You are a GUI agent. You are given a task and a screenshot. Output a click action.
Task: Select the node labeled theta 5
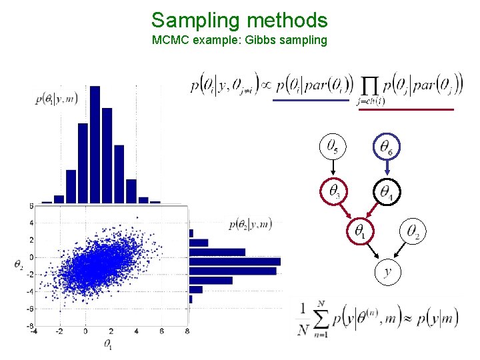(x=332, y=147)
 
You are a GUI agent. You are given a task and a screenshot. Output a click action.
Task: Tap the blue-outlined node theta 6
(x=385, y=147)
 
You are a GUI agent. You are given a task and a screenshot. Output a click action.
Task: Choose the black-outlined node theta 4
(x=386, y=192)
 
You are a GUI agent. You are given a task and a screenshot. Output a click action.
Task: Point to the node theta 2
(x=413, y=232)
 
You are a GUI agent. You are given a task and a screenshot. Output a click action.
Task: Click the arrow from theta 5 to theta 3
(x=332, y=169)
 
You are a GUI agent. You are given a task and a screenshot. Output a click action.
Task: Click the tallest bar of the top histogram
(x=96, y=143)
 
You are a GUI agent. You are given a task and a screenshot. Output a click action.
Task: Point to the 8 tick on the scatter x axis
(x=187, y=331)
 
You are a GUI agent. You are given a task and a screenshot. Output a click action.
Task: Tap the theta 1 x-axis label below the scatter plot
(x=107, y=345)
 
